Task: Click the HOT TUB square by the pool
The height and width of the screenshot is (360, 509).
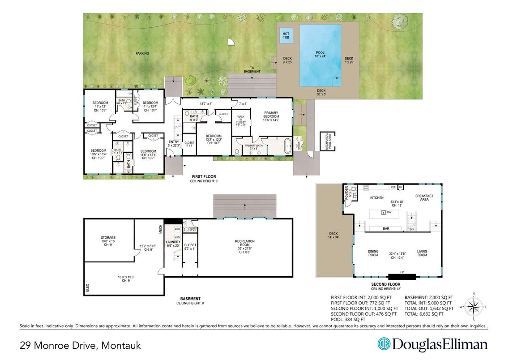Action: (x=286, y=35)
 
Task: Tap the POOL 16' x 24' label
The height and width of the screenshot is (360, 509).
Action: (x=320, y=55)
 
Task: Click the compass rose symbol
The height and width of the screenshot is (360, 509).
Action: (x=474, y=307)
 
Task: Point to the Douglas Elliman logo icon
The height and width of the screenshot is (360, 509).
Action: (x=384, y=344)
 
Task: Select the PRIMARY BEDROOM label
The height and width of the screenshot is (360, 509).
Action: (x=271, y=115)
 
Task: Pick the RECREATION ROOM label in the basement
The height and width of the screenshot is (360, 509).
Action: (x=244, y=244)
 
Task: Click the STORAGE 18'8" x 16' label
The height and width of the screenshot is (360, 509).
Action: (x=108, y=240)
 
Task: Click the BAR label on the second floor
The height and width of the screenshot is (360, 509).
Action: (x=385, y=228)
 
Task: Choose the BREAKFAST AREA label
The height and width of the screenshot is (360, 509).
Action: (x=424, y=197)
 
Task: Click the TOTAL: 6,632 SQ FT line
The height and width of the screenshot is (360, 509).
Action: (x=428, y=314)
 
